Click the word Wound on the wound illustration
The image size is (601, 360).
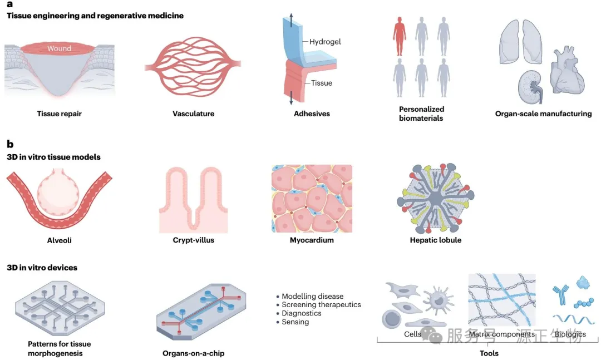click(59, 48)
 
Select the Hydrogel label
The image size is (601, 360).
click(325, 42)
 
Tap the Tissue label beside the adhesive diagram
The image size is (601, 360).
click(322, 83)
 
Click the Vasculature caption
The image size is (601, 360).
click(193, 114)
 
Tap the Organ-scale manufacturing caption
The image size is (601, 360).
click(543, 114)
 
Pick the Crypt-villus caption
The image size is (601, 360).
click(193, 240)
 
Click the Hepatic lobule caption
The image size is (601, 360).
click(435, 240)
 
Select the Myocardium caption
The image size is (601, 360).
click(312, 240)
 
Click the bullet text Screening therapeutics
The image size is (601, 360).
click(321, 305)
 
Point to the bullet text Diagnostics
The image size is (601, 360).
click(302, 313)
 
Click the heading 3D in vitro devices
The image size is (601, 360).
click(42, 268)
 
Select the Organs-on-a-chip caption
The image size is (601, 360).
click(193, 353)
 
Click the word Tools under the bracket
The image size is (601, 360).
click(489, 353)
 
